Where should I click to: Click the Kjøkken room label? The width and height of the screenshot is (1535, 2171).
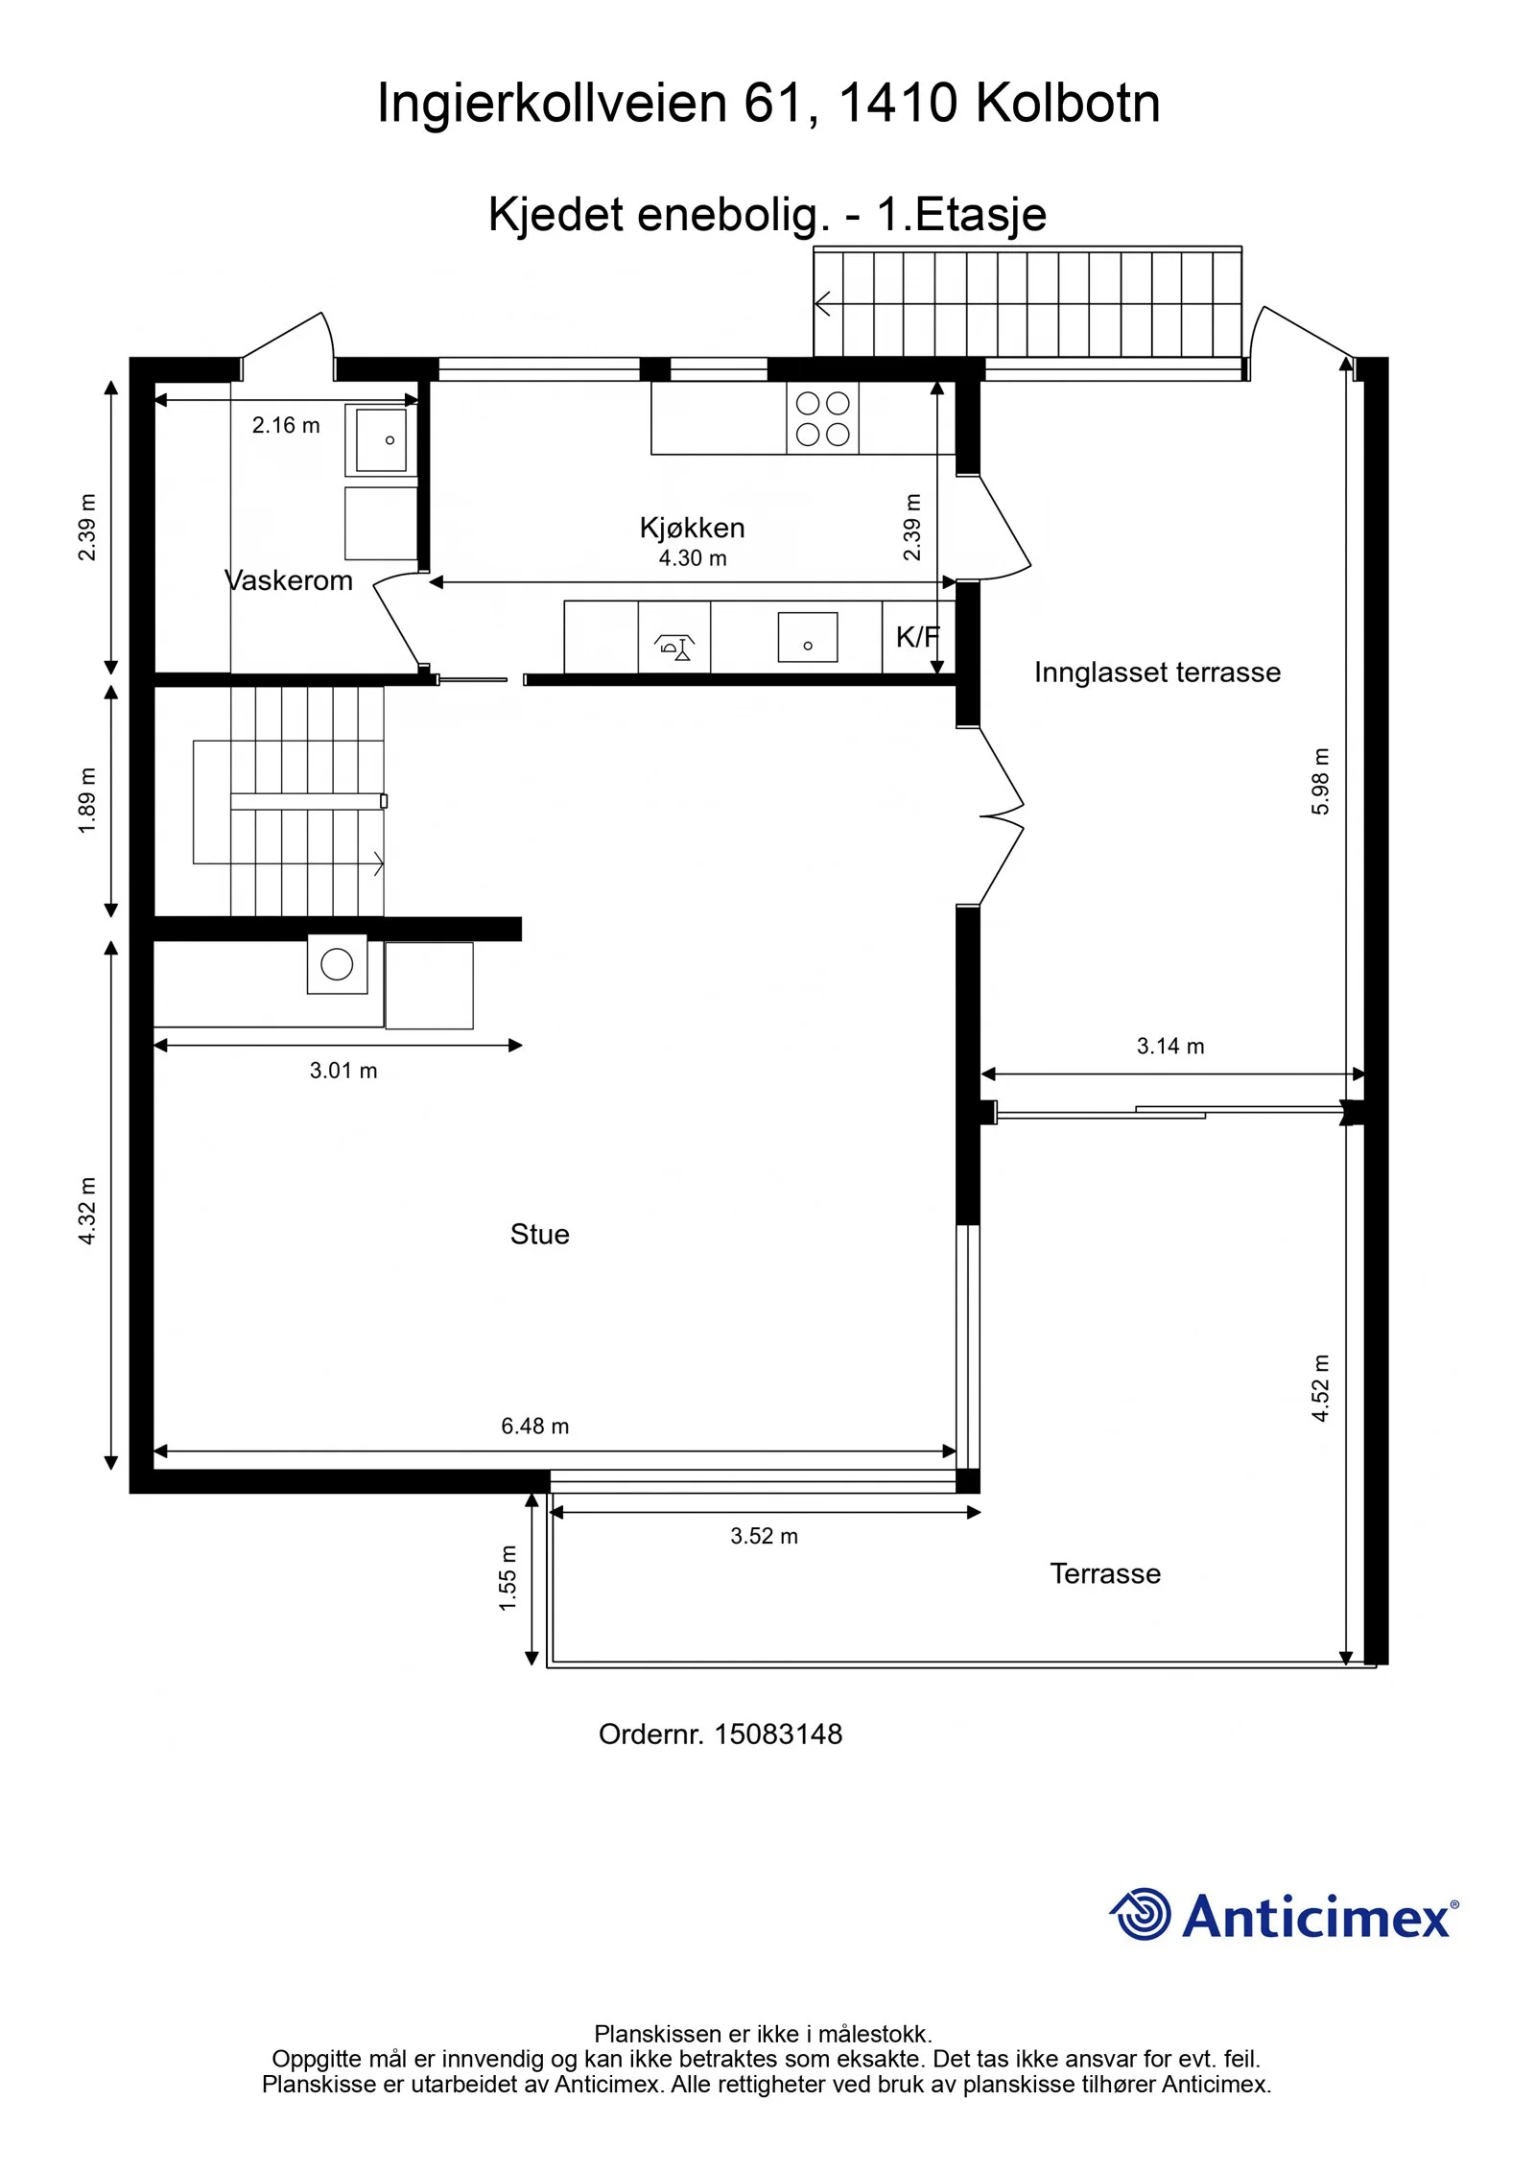(x=692, y=528)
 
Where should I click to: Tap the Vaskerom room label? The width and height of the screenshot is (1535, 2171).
(x=289, y=580)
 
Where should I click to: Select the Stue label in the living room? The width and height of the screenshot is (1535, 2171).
(x=540, y=1234)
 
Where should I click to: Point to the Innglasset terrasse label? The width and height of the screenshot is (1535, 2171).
(x=1157, y=673)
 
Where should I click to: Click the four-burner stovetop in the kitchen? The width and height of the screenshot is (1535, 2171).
(x=822, y=418)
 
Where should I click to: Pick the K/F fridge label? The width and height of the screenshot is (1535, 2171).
(x=918, y=636)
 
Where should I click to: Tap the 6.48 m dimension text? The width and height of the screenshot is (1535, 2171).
(x=535, y=1426)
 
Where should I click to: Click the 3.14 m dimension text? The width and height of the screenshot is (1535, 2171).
(x=1170, y=1046)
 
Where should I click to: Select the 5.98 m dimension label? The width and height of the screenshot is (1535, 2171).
(x=1321, y=781)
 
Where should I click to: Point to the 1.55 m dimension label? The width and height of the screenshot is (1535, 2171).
(x=508, y=1578)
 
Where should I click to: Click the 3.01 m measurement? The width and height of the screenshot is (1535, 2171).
(x=343, y=1071)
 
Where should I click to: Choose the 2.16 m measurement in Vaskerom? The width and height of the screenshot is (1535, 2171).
(x=286, y=425)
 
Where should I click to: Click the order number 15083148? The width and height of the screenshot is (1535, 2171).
(x=778, y=1734)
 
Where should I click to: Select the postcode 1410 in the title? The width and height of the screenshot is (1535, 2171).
(x=898, y=103)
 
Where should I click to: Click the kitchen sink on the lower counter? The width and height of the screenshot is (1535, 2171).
(x=808, y=637)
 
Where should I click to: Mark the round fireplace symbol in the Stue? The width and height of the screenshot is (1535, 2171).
(x=337, y=964)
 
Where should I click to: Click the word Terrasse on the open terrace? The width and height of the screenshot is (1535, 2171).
(x=1105, y=1573)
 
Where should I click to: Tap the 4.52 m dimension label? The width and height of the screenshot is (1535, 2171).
(x=1321, y=1388)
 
